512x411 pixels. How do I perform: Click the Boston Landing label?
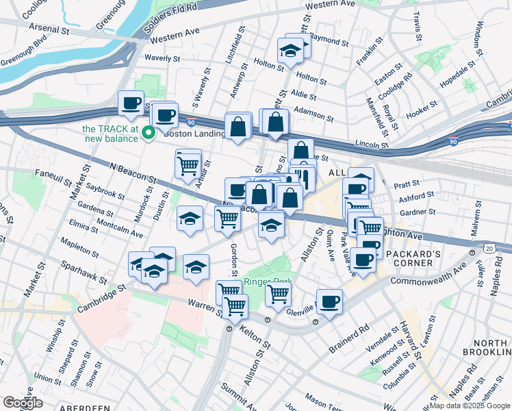point(195,134)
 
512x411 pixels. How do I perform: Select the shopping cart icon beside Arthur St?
point(188,164)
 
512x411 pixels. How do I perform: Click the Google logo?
point(23,403)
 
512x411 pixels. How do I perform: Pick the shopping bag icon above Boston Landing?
point(238,127)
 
